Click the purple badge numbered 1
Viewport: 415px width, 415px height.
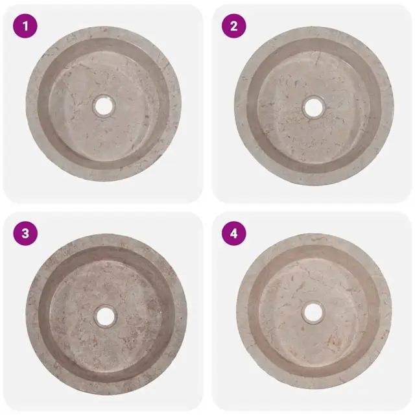pyautogui.click(x=25, y=26)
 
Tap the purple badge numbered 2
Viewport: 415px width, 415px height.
pyautogui.click(x=233, y=26)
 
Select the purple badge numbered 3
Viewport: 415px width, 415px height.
pyautogui.click(x=25, y=233)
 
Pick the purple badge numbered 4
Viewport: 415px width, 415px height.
pyautogui.click(x=233, y=233)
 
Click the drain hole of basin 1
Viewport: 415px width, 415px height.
pyautogui.click(x=104, y=105)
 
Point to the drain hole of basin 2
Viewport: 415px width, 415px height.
pyautogui.click(x=314, y=108)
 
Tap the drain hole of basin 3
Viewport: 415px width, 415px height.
pyautogui.click(x=105, y=316)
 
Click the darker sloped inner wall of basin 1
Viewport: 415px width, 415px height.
pyautogui.click(x=42, y=106)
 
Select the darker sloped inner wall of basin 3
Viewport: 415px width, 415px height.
pyautogui.click(x=44, y=315)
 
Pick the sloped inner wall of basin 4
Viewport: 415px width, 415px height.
pyautogui.click(x=254, y=313)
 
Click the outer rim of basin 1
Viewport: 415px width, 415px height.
pyautogui.click(x=31, y=106)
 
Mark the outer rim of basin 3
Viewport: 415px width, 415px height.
pyautogui.click(x=32, y=315)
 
